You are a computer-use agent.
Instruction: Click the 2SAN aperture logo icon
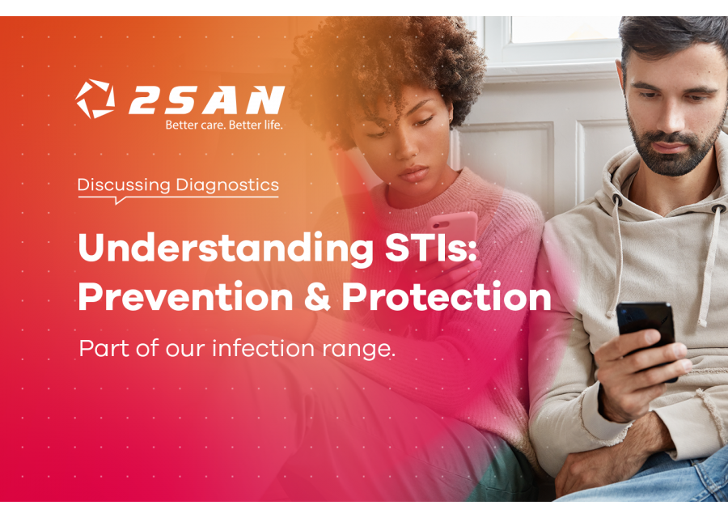pyautogui.click(x=95, y=99)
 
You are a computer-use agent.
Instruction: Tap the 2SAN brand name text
pyautogui.click(x=205, y=100)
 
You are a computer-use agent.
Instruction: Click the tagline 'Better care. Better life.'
pyautogui.click(x=224, y=125)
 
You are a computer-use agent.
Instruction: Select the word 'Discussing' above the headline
pyautogui.click(x=124, y=185)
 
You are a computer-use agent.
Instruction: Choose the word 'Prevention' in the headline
pyautogui.click(x=185, y=297)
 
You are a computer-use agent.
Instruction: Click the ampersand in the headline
pyautogui.click(x=317, y=297)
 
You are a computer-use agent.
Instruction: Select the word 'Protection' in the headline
pyautogui.click(x=447, y=297)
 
